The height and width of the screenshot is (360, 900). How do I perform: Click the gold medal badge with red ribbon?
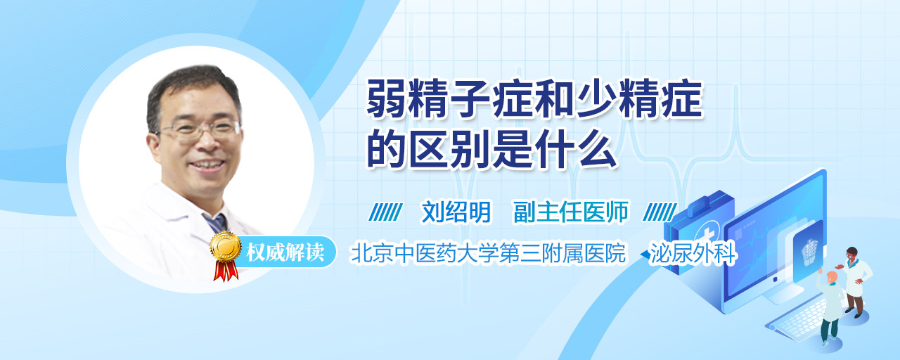click(226, 255)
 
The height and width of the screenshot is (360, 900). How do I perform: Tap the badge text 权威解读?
click(285, 252)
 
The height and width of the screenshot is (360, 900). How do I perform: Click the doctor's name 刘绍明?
click(456, 212)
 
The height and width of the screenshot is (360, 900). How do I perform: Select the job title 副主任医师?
click(571, 212)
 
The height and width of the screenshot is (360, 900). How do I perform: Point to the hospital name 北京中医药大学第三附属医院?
click(488, 253)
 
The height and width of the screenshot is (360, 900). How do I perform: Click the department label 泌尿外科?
click(693, 253)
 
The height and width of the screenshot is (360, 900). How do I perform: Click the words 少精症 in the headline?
click(640, 99)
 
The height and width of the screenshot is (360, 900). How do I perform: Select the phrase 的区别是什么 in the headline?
click(491, 148)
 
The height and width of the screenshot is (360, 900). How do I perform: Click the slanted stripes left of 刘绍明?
click(385, 212)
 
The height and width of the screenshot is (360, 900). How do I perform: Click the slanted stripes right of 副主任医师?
click(660, 212)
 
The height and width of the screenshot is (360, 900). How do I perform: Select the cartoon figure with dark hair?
click(854, 282)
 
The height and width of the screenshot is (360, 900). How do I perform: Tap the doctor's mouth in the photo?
click(207, 165)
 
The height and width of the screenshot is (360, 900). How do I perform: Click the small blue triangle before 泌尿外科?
click(645, 255)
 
